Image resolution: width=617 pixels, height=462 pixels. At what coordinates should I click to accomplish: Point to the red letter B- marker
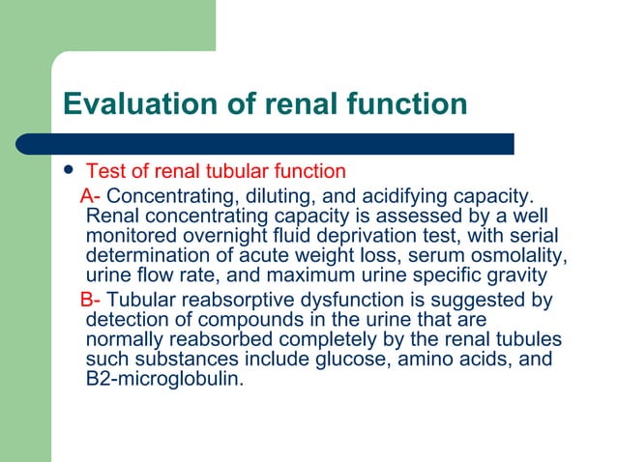click(91, 301)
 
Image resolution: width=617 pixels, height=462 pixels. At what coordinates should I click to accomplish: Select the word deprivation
click(365, 234)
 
